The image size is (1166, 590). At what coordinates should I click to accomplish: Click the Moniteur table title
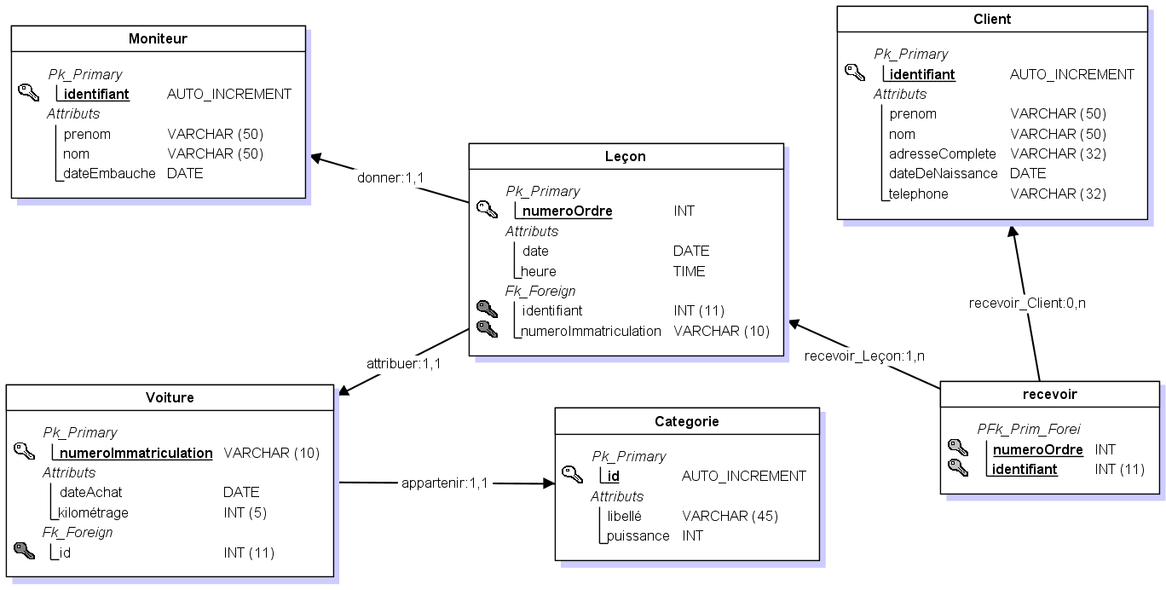[x=158, y=38]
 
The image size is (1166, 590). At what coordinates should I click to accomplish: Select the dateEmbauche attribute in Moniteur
[x=109, y=173]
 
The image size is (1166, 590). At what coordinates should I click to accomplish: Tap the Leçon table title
[x=626, y=156]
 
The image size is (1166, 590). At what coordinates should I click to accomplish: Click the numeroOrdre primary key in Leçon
[x=567, y=211]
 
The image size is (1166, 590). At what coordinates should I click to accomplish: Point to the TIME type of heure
[x=689, y=271]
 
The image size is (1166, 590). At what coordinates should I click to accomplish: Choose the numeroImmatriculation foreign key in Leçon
[x=592, y=331]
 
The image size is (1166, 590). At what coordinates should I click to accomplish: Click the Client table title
[x=992, y=19]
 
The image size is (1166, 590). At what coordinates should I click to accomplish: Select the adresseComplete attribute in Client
[x=942, y=153]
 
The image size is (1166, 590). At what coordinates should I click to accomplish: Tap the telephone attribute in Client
[x=918, y=194]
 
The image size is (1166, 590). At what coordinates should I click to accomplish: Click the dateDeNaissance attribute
[x=943, y=173]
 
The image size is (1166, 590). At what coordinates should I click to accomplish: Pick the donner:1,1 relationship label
[x=390, y=176]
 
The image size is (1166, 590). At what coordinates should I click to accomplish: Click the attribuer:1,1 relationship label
[x=403, y=363]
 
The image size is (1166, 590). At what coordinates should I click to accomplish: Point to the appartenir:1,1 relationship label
[x=444, y=483]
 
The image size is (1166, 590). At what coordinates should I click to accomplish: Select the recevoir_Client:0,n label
[x=1027, y=303]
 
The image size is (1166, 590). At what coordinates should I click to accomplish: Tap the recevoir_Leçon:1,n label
[x=865, y=356]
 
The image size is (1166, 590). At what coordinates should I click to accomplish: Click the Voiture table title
[x=170, y=397]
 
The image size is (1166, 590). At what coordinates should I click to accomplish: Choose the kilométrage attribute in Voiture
[x=94, y=512]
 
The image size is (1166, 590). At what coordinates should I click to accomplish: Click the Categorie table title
[x=687, y=421]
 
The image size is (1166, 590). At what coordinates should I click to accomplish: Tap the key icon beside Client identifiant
[x=855, y=72]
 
